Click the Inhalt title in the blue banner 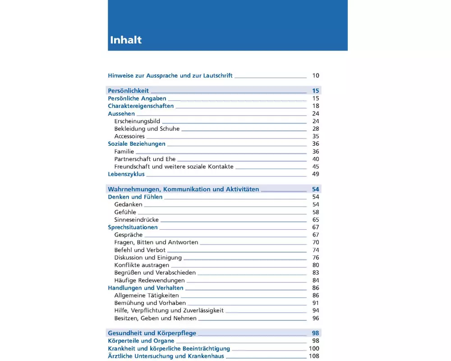click(126, 40)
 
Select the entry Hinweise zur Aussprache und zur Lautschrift click(170, 76)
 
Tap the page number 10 click(315, 76)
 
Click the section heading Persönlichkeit click(128, 91)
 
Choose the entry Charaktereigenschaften click(141, 106)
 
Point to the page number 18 click(315, 106)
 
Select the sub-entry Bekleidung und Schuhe click(147, 129)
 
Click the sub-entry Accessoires click(129, 136)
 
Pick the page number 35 click(315, 136)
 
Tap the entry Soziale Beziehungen click(137, 144)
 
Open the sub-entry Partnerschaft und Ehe click(145, 159)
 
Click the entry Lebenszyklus click(126, 174)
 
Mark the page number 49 click(315, 174)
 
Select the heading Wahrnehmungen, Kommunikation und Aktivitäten click(183, 190)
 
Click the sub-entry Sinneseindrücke click(136, 220)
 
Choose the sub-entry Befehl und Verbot click(140, 250)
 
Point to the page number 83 click(315, 273)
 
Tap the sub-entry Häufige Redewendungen click(149, 280)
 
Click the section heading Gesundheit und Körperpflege click(152, 333)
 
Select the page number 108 click(314, 356)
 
